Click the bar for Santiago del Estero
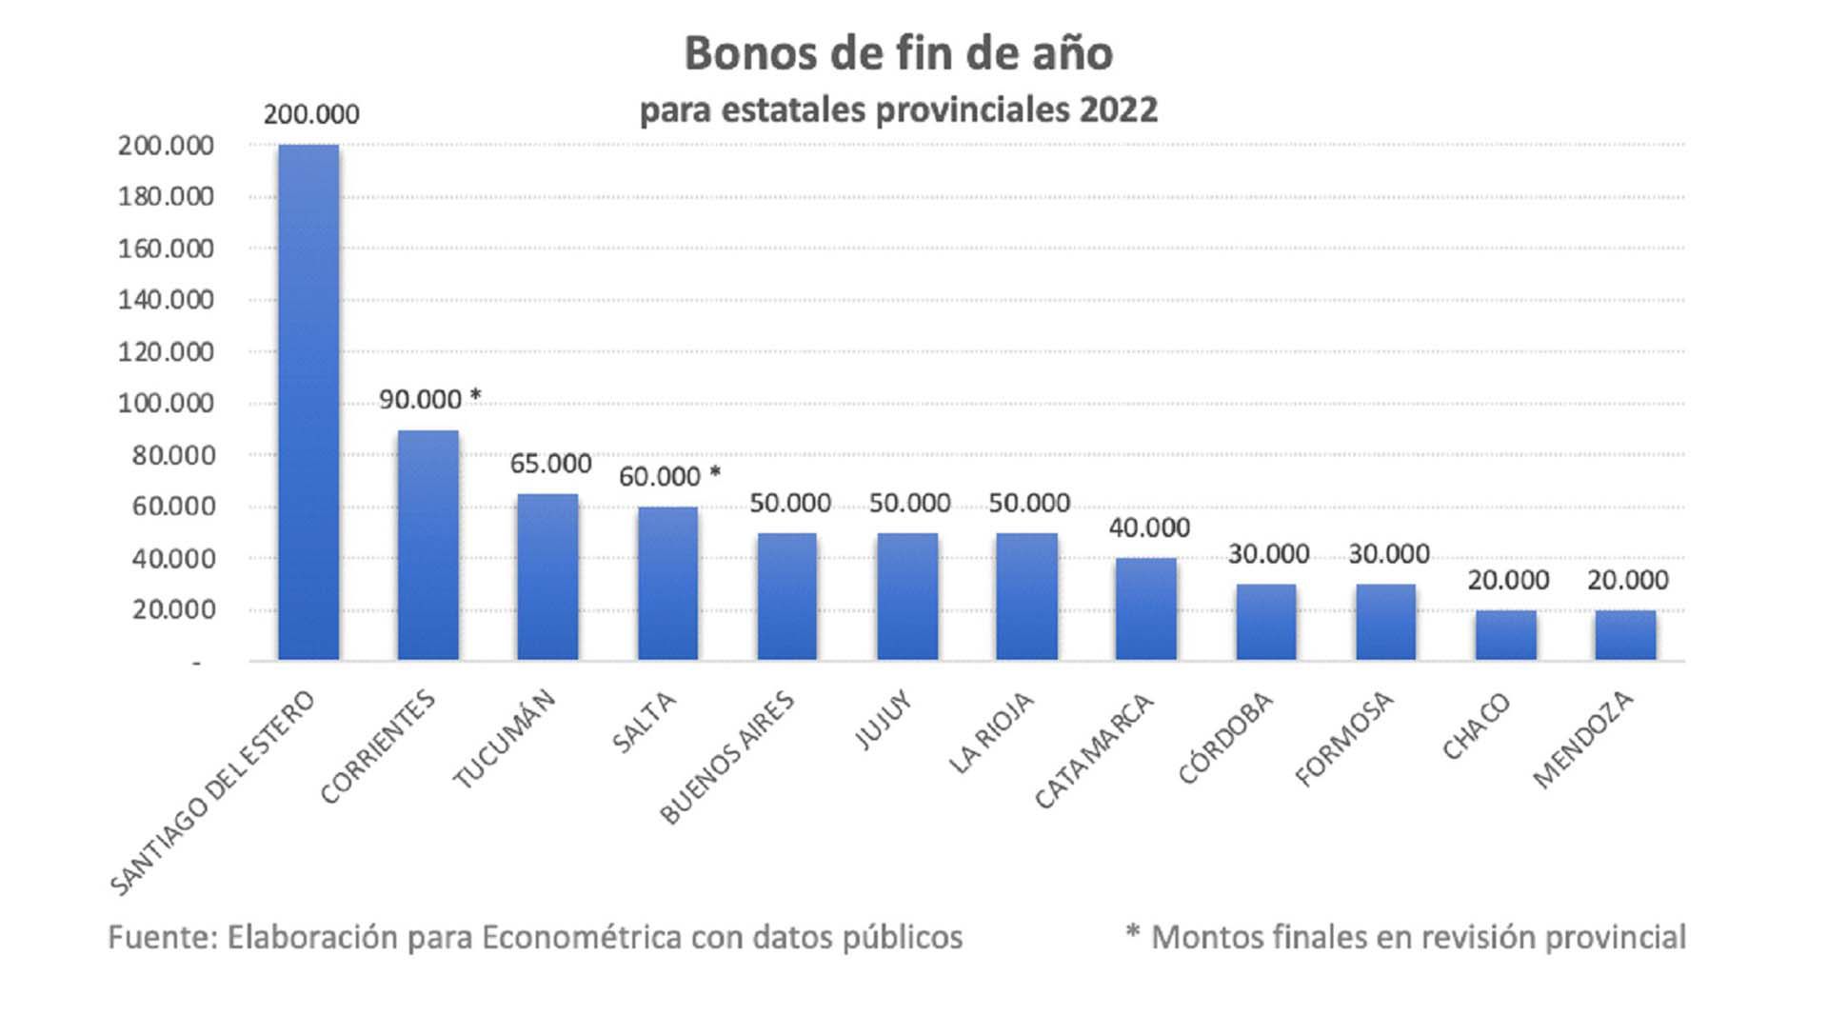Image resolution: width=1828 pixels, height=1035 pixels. point(308,402)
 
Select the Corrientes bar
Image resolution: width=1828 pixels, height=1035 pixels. point(428,545)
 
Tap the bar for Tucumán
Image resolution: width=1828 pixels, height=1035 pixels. point(547,577)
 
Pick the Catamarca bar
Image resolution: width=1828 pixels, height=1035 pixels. point(1146,609)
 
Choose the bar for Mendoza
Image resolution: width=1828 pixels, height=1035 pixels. point(1626,635)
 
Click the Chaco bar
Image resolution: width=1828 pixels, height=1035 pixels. point(1506,635)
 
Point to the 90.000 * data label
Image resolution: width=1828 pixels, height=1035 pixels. point(430,399)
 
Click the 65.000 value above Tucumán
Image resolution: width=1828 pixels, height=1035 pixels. point(550,464)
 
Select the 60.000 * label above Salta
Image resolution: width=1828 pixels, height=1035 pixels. point(669,476)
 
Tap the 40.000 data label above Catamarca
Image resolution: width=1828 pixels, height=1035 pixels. point(1149,527)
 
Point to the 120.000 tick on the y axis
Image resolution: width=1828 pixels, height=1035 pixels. point(166,351)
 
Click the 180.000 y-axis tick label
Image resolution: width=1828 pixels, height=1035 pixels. point(166,196)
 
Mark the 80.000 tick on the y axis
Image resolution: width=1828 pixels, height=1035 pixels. point(173,455)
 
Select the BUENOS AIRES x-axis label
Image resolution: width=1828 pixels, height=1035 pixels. point(727,758)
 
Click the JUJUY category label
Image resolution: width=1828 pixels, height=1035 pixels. point(884,720)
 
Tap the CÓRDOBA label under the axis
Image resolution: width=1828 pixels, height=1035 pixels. point(1225,737)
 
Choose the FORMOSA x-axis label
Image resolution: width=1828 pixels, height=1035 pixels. point(1344,739)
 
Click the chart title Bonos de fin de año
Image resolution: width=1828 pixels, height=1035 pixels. point(899,53)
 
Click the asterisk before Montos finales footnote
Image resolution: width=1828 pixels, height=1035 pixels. point(1132,930)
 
